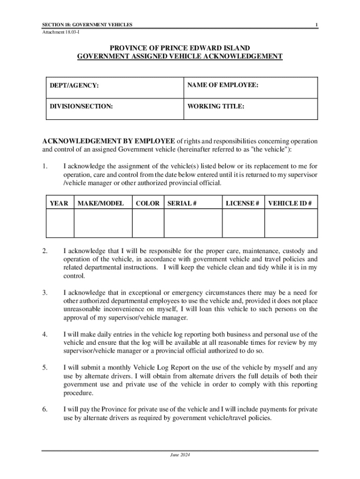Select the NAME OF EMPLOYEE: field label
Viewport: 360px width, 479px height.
coord(223,86)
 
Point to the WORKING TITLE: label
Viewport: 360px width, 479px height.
coord(216,107)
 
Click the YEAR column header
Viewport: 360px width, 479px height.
coord(59,203)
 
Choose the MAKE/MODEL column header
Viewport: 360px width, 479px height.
coord(101,203)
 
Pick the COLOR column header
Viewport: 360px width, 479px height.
coord(148,203)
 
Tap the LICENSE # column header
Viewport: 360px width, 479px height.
coord(243,203)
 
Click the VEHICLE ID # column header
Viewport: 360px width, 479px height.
coord(289,203)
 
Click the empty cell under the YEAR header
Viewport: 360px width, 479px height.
coord(59,224)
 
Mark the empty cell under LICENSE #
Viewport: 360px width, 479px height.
coord(243,224)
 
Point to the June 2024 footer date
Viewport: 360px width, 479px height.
coord(180,455)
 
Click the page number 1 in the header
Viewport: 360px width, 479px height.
coord(317,24)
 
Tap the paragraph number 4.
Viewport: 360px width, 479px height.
coord(44,334)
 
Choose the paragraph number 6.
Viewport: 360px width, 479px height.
coord(44,409)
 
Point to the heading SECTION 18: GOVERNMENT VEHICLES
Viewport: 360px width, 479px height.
coord(87,24)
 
